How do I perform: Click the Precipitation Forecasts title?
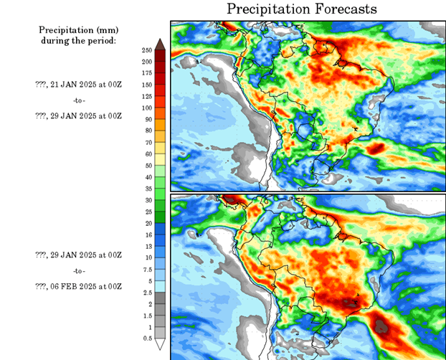click(301, 9)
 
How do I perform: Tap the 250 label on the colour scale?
click(146, 50)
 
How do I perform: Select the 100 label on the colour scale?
click(146, 108)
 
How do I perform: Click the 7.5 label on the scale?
click(146, 270)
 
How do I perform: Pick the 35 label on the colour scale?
click(146, 189)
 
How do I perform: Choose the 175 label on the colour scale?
click(146, 73)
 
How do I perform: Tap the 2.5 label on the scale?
click(146, 293)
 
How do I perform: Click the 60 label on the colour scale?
click(146, 153)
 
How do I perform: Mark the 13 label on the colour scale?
click(146, 246)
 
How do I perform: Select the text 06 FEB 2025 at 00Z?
click(78, 287)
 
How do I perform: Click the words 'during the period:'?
click(78, 40)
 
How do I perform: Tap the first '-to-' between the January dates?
click(78, 100)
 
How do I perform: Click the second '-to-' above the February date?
click(78, 271)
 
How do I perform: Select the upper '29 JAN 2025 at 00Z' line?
click(78, 115)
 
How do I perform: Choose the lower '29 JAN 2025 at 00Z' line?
click(78, 255)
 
